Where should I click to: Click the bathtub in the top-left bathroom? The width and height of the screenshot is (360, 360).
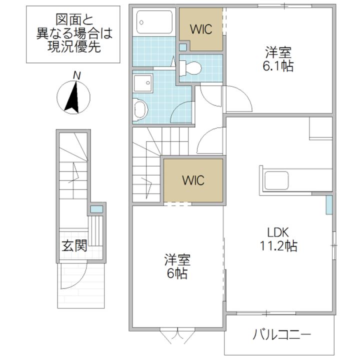(x=154, y=22)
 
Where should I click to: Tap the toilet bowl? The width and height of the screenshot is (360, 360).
(x=190, y=68)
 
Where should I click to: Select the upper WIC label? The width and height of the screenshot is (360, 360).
(x=201, y=29)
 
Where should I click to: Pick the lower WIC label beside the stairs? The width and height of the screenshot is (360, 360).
(x=193, y=180)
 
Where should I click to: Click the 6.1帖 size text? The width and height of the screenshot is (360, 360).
(x=278, y=66)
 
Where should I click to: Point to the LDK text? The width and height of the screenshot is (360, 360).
(x=278, y=232)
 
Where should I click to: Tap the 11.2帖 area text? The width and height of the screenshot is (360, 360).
(x=278, y=246)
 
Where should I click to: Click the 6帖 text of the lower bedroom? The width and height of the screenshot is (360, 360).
(x=177, y=273)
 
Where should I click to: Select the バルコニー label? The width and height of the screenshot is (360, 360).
(x=281, y=334)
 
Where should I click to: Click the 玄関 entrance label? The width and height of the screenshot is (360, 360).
(x=74, y=245)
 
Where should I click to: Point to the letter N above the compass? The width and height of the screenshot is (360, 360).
(x=76, y=75)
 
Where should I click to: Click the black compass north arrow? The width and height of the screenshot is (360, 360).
(x=73, y=97)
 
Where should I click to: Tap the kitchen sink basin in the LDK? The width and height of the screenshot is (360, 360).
(x=276, y=180)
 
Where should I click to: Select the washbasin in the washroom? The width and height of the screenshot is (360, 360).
(x=140, y=109)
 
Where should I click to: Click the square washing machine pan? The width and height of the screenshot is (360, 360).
(x=143, y=83)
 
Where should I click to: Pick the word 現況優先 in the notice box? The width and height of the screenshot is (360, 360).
(x=74, y=47)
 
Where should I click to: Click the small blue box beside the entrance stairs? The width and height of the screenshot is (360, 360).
(x=96, y=209)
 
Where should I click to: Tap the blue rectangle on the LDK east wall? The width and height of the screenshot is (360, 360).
(x=329, y=205)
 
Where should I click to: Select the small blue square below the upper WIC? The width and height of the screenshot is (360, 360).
(x=183, y=47)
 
